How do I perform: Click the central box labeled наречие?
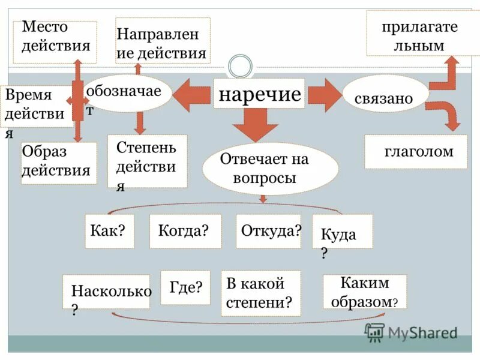pos(259,94)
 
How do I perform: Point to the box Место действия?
pos(55,42)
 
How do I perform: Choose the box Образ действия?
pos(59,163)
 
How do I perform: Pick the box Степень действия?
pos(147,161)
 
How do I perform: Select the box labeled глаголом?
pos(416,152)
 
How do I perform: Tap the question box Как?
pos(109,231)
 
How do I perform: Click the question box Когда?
pos(185,231)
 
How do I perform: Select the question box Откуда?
pos(270,231)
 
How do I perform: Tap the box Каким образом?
pos(365,292)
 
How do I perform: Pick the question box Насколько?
pos(106,292)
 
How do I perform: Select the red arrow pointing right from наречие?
pos(324,94)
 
